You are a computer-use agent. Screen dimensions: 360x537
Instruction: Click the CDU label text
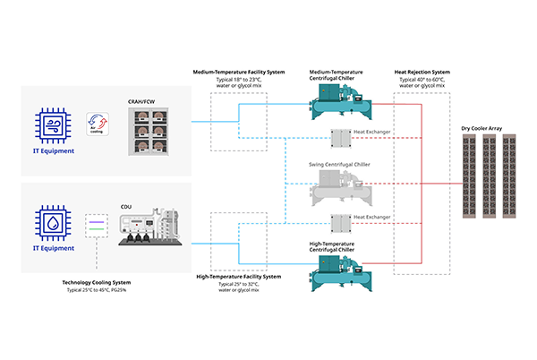tap(125, 205)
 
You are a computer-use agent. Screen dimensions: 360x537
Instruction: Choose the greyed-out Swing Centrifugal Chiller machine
tap(339, 190)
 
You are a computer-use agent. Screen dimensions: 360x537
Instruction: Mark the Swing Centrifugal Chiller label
tap(339, 165)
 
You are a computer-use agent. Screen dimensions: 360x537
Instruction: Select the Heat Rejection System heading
tap(421, 72)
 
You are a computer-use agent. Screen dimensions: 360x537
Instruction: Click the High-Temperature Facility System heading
tap(239, 277)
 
